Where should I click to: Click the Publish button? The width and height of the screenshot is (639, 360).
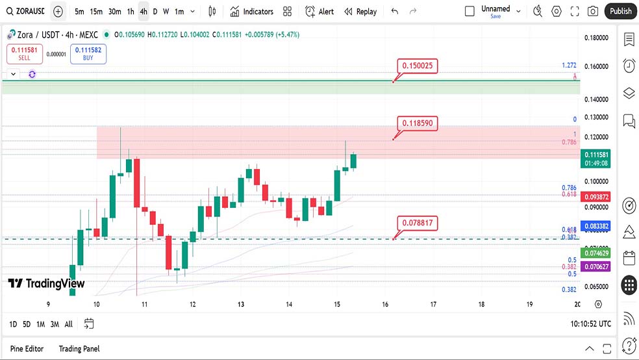pyautogui.click(x=620, y=11)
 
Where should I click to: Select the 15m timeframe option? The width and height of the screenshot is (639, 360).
pyautogui.click(x=96, y=12)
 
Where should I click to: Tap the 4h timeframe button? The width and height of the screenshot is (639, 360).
pyautogui.click(x=143, y=12)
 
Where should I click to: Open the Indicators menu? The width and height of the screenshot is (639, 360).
pyautogui.click(x=251, y=12)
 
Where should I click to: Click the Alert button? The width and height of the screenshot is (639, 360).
pyautogui.click(x=319, y=12)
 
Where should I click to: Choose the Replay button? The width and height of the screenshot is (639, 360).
pyautogui.click(x=360, y=12)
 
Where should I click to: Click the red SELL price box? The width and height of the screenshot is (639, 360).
pyautogui.click(x=25, y=53)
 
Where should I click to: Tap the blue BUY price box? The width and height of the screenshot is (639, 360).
pyautogui.click(x=88, y=53)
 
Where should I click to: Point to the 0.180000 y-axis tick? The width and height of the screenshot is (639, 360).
pyautogui.click(x=596, y=38)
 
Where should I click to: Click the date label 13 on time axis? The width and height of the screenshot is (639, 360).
pyautogui.click(x=240, y=304)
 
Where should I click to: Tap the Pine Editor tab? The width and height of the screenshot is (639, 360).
pyautogui.click(x=27, y=349)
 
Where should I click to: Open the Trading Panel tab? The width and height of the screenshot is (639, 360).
pyautogui.click(x=79, y=349)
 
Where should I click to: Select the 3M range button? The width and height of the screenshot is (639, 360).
pyautogui.click(x=55, y=324)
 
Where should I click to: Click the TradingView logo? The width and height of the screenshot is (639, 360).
pyautogui.click(x=46, y=283)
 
